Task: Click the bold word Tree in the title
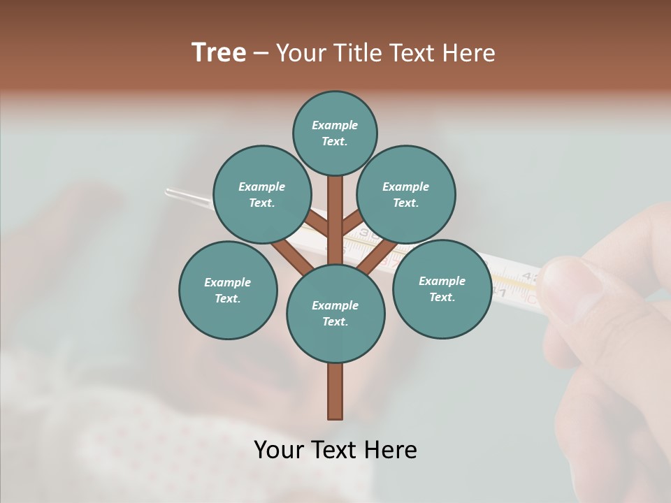(219, 53)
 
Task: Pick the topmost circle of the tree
(335, 133)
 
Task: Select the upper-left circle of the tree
(261, 194)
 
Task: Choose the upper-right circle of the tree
(405, 194)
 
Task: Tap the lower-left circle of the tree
(228, 290)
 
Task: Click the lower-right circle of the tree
(442, 289)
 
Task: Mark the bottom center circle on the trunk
(335, 314)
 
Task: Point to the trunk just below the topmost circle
(335, 192)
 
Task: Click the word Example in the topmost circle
(335, 126)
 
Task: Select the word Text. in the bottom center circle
(335, 322)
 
